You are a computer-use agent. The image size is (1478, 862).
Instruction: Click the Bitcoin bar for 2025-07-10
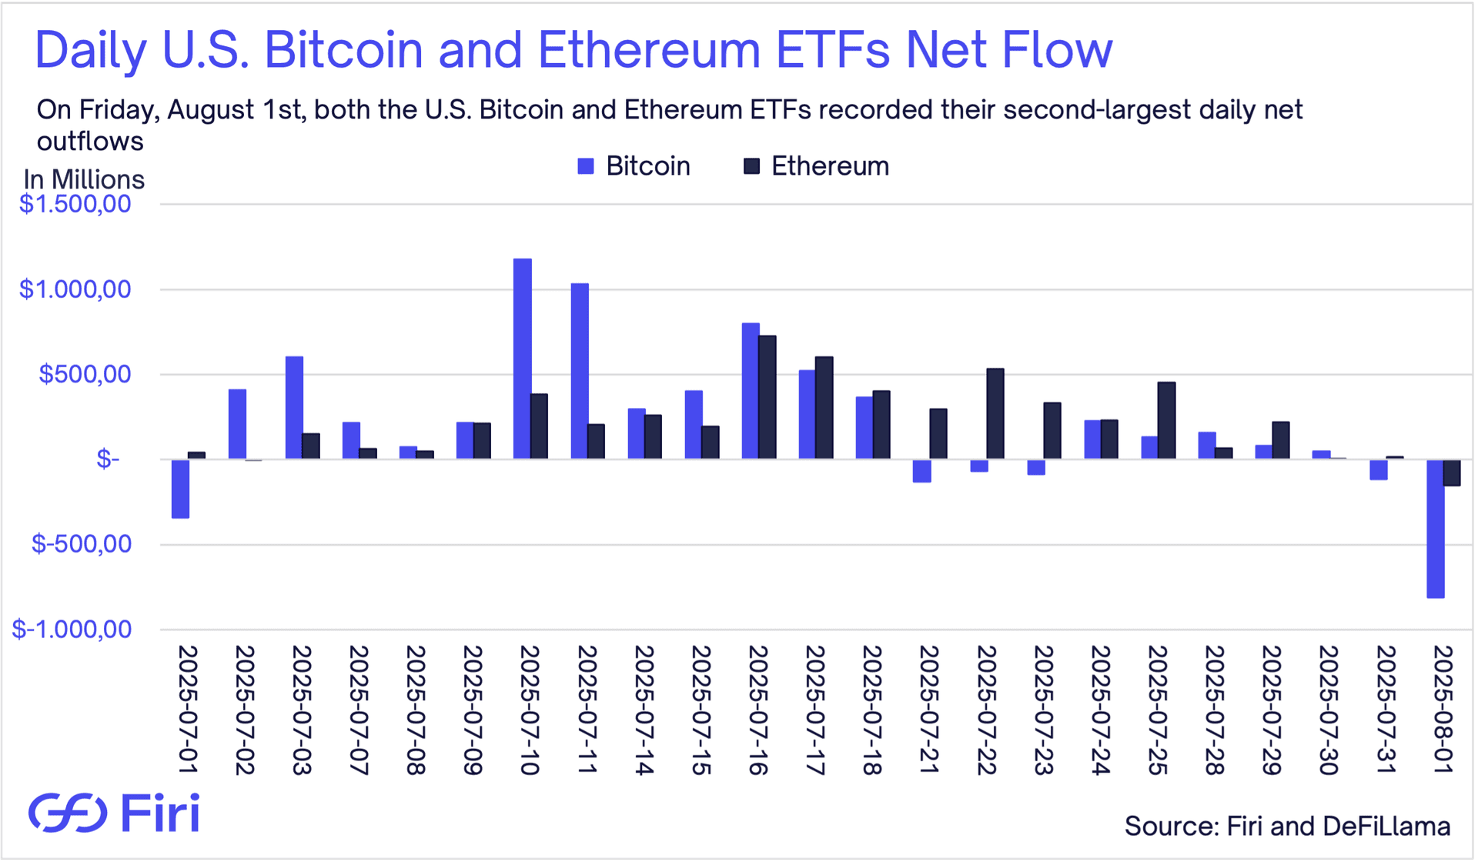[x=523, y=359]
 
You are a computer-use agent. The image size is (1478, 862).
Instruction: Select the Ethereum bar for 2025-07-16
[x=767, y=397]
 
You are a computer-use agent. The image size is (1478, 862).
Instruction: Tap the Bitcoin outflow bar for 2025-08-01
[x=1435, y=529]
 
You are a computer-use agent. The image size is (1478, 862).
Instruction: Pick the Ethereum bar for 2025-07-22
[x=995, y=414]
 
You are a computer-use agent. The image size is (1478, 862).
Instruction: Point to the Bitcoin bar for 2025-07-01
[x=181, y=489]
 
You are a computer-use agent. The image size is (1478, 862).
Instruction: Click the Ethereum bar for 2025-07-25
[x=1166, y=420]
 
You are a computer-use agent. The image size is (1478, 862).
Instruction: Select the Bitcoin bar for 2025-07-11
[x=580, y=371]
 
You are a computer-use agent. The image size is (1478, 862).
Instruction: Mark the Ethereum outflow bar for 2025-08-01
[x=1452, y=473]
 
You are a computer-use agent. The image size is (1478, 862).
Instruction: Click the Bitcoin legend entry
[x=634, y=166]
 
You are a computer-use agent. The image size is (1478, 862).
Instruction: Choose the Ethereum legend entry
[x=816, y=166]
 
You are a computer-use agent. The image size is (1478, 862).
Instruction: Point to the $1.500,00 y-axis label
[x=75, y=204]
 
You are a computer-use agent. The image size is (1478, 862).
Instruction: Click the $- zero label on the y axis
[x=108, y=459]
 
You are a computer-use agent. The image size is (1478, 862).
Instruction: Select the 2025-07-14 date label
[x=644, y=710]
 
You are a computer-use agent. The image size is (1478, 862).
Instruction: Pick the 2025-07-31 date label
[x=1386, y=710]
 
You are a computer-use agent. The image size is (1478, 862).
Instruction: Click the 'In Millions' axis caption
[x=84, y=179]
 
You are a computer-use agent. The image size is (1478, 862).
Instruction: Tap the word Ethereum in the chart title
[x=649, y=50]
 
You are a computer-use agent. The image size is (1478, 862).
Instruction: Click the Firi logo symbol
[x=68, y=813]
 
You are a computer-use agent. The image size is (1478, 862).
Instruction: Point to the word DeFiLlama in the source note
[x=1386, y=827]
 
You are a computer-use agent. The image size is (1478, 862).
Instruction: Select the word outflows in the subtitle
[x=90, y=142]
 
